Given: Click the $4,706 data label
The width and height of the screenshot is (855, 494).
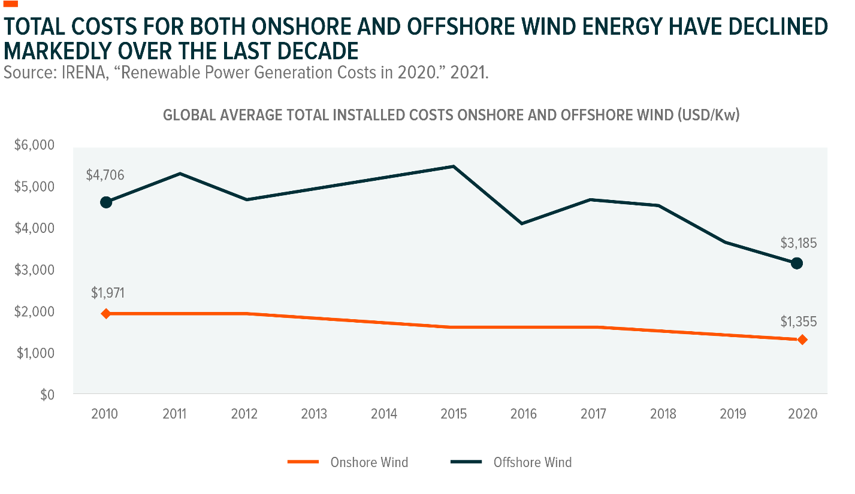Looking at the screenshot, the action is (x=105, y=175).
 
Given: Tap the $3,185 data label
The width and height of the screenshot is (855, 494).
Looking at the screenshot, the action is (x=799, y=243).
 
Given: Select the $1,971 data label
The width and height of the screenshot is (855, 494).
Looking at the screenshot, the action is (x=108, y=293).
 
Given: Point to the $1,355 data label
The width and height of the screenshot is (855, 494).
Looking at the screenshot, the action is (x=799, y=322).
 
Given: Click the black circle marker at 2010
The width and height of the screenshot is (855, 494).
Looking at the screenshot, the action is (x=106, y=202).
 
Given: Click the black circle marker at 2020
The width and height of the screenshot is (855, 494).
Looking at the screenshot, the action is (x=797, y=263).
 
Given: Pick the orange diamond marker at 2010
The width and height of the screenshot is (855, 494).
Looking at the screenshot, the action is (x=106, y=314).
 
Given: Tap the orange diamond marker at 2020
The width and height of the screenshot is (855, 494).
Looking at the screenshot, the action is (x=802, y=340).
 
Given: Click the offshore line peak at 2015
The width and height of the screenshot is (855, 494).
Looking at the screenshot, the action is (x=453, y=166).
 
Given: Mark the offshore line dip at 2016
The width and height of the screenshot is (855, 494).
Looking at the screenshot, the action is (x=522, y=223).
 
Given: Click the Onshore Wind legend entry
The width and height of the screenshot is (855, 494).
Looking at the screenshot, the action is (x=348, y=462).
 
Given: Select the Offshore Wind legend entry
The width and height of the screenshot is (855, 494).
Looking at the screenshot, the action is (x=511, y=462).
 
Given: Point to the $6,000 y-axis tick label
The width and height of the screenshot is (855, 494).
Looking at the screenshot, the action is (x=34, y=145).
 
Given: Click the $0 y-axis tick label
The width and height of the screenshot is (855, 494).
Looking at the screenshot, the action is (x=47, y=395).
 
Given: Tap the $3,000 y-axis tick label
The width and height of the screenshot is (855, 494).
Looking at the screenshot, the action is (x=34, y=270).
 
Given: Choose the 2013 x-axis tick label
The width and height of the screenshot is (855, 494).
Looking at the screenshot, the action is (x=314, y=414).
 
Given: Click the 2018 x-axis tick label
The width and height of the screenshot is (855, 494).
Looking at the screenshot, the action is (x=663, y=414).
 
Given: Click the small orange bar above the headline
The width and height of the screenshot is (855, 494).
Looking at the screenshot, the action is (x=11, y=4).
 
